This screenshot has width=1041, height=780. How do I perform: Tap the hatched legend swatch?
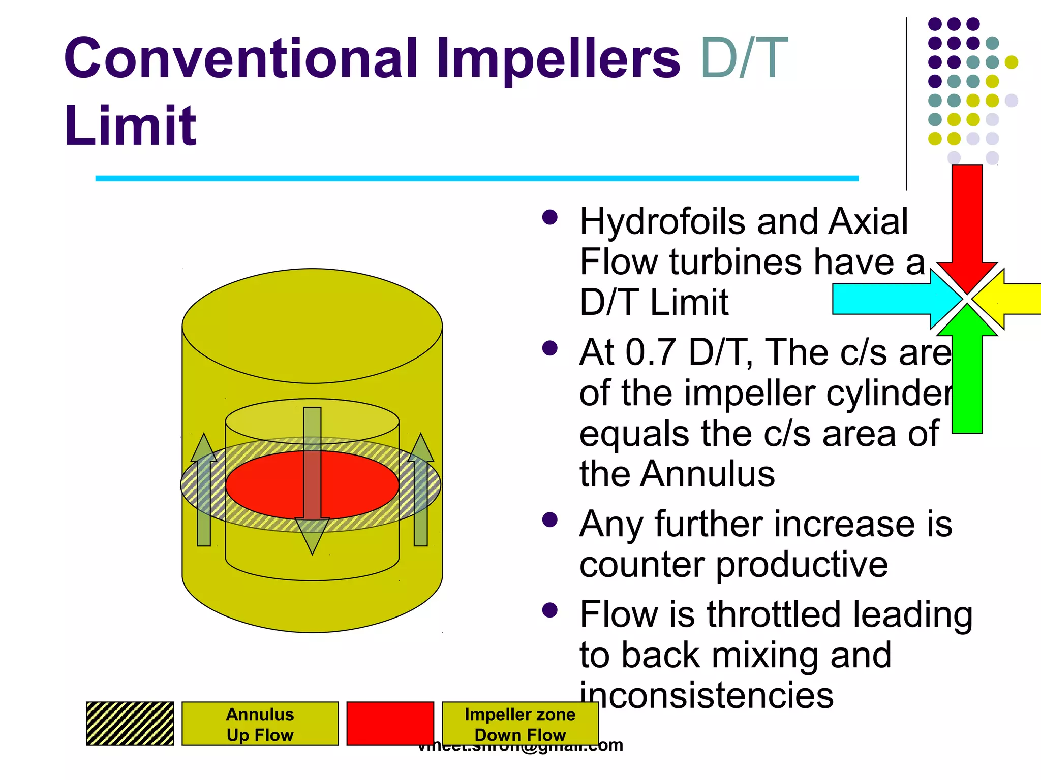(x=130, y=724)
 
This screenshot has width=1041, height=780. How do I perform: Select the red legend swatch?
(x=390, y=724)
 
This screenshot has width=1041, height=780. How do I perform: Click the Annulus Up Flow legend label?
(x=260, y=724)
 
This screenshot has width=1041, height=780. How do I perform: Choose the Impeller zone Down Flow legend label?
(x=520, y=724)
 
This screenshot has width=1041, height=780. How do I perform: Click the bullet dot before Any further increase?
(x=550, y=520)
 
